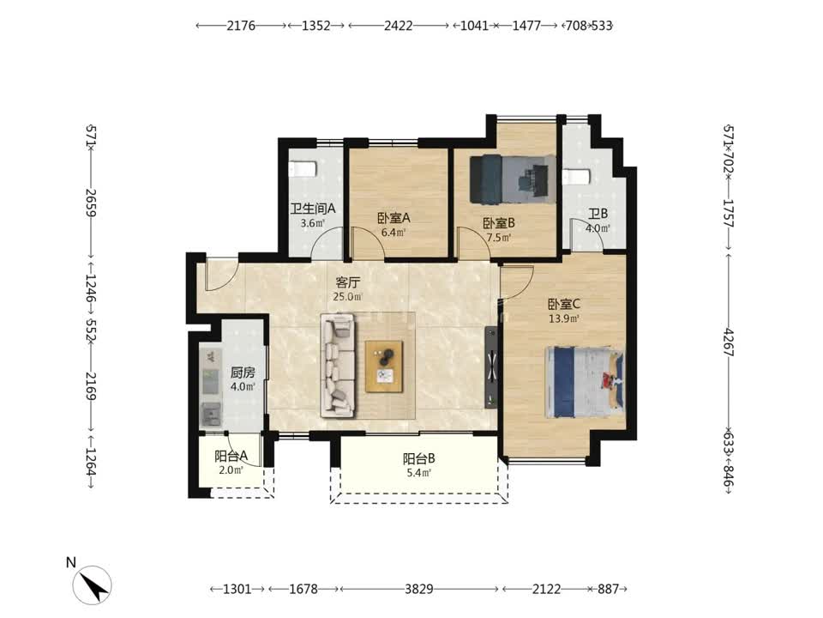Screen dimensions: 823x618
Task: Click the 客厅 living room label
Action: (x=347, y=282)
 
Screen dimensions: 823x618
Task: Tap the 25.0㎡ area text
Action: (x=347, y=297)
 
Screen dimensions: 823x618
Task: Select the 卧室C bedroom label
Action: (x=564, y=304)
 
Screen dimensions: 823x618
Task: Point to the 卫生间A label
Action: (x=313, y=209)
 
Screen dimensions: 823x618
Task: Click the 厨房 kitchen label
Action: (x=243, y=373)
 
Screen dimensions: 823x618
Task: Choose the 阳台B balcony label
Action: (x=419, y=458)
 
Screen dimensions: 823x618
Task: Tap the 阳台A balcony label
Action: (x=231, y=456)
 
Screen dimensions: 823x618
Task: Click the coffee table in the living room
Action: (x=384, y=367)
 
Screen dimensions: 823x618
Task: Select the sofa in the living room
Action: (x=339, y=366)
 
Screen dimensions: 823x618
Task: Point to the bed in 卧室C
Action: (x=586, y=381)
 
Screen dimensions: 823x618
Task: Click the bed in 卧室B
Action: (x=513, y=179)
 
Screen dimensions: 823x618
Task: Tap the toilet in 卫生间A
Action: (x=303, y=169)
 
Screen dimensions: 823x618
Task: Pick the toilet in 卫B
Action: (x=577, y=177)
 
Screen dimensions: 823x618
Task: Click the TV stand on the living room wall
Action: (x=491, y=367)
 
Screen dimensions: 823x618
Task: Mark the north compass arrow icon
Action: (x=93, y=585)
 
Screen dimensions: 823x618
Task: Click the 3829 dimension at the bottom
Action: (x=419, y=589)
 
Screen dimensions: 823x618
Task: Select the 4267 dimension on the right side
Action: (x=729, y=342)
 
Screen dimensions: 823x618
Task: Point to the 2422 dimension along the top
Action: (x=399, y=25)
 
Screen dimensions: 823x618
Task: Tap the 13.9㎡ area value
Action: (x=564, y=318)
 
